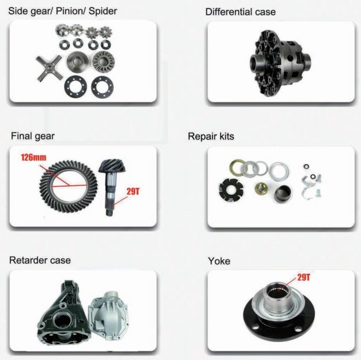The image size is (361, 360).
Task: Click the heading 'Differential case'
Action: (240, 12)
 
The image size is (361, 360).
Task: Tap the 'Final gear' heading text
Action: (33, 137)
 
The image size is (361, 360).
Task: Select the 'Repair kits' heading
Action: (211, 137)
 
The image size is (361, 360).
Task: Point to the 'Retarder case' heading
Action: (40, 259)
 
